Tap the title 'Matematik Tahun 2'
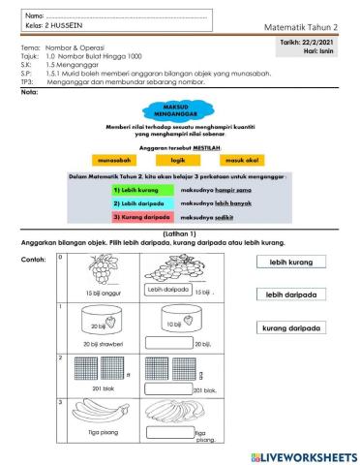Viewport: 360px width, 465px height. pyautogui.click(x=307, y=28)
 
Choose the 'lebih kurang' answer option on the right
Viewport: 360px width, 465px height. pyautogui.click(x=291, y=262)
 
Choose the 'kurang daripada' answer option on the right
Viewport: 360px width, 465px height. pyautogui.click(x=291, y=328)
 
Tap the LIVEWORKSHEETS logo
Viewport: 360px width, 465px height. pyautogui.click(x=303, y=455)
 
